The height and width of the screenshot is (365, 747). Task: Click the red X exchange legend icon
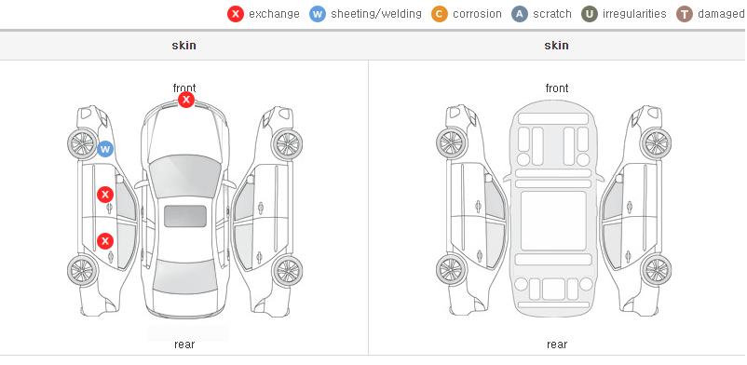click(236, 14)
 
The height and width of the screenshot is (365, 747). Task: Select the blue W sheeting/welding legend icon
click(318, 14)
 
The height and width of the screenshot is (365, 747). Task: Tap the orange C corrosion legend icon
click(440, 14)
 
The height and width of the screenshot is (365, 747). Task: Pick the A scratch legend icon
click(520, 14)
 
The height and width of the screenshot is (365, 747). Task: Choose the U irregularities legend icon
click(590, 14)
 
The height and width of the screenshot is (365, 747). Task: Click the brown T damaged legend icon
click(684, 14)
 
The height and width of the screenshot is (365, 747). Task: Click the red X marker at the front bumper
click(186, 100)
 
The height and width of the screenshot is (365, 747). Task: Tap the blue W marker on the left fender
click(105, 149)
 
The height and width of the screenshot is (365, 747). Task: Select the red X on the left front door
click(105, 195)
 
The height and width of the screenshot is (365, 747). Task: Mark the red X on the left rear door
click(105, 241)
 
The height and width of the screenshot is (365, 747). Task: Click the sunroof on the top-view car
click(185, 216)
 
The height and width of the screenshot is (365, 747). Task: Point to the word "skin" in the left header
click(183, 46)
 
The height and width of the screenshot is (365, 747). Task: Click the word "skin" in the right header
click(556, 46)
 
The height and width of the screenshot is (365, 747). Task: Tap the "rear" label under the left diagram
click(184, 345)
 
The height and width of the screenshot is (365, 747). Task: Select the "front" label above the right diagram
click(557, 88)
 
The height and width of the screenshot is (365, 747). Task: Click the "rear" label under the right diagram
click(557, 345)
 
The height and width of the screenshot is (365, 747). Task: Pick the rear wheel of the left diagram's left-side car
click(83, 270)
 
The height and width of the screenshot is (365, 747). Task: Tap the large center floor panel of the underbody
click(553, 221)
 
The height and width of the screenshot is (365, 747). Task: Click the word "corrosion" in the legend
click(478, 14)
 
